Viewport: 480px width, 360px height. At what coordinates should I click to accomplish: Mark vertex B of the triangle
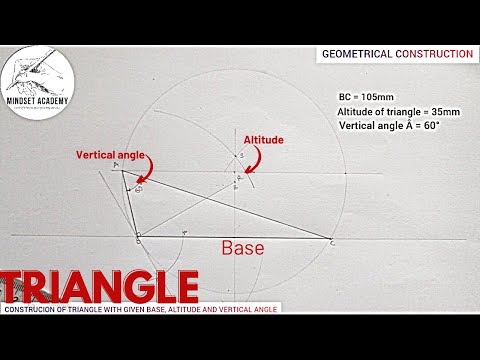tap(137, 237)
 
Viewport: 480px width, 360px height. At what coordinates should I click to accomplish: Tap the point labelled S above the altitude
tap(239, 157)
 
